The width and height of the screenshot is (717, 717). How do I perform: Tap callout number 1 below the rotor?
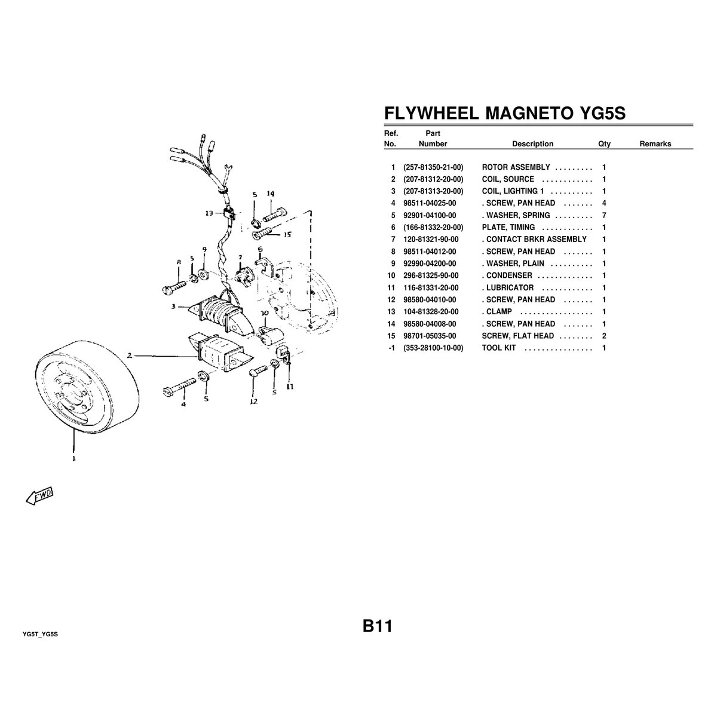pyautogui.click(x=74, y=459)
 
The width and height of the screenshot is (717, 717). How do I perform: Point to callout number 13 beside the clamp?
pyautogui.click(x=209, y=213)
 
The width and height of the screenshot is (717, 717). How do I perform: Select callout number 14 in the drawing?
pyautogui.click(x=271, y=194)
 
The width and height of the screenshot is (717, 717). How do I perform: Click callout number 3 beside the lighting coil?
pyautogui.click(x=173, y=307)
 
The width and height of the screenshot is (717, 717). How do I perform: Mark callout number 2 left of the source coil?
pyautogui.click(x=130, y=356)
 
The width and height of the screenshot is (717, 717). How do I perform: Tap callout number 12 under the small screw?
pyautogui.click(x=253, y=402)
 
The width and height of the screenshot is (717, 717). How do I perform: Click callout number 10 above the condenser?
pyautogui.click(x=265, y=312)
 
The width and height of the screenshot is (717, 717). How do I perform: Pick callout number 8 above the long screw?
pyautogui.click(x=178, y=262)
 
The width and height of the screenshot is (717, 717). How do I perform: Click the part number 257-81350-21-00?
pyautogui.click(x=433, y=167)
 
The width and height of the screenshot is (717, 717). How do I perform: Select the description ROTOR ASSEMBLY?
pyautogui.click(x=516, y=167)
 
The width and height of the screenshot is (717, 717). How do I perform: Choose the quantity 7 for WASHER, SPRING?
pyautogui.click(x=605, y=215)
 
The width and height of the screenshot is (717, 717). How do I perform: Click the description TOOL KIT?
pyautogui.click(x=499, y=348)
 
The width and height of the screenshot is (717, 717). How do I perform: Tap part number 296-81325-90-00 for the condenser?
pyautogui.click(x=431, y=275)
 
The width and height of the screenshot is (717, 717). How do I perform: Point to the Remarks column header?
pyautogui.click(x=655, y=144)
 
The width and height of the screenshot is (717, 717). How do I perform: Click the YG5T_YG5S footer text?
pyautogui.click(x=40, y=634)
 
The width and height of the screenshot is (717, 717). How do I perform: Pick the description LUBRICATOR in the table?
pyautogui.click(x=509, y=287)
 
